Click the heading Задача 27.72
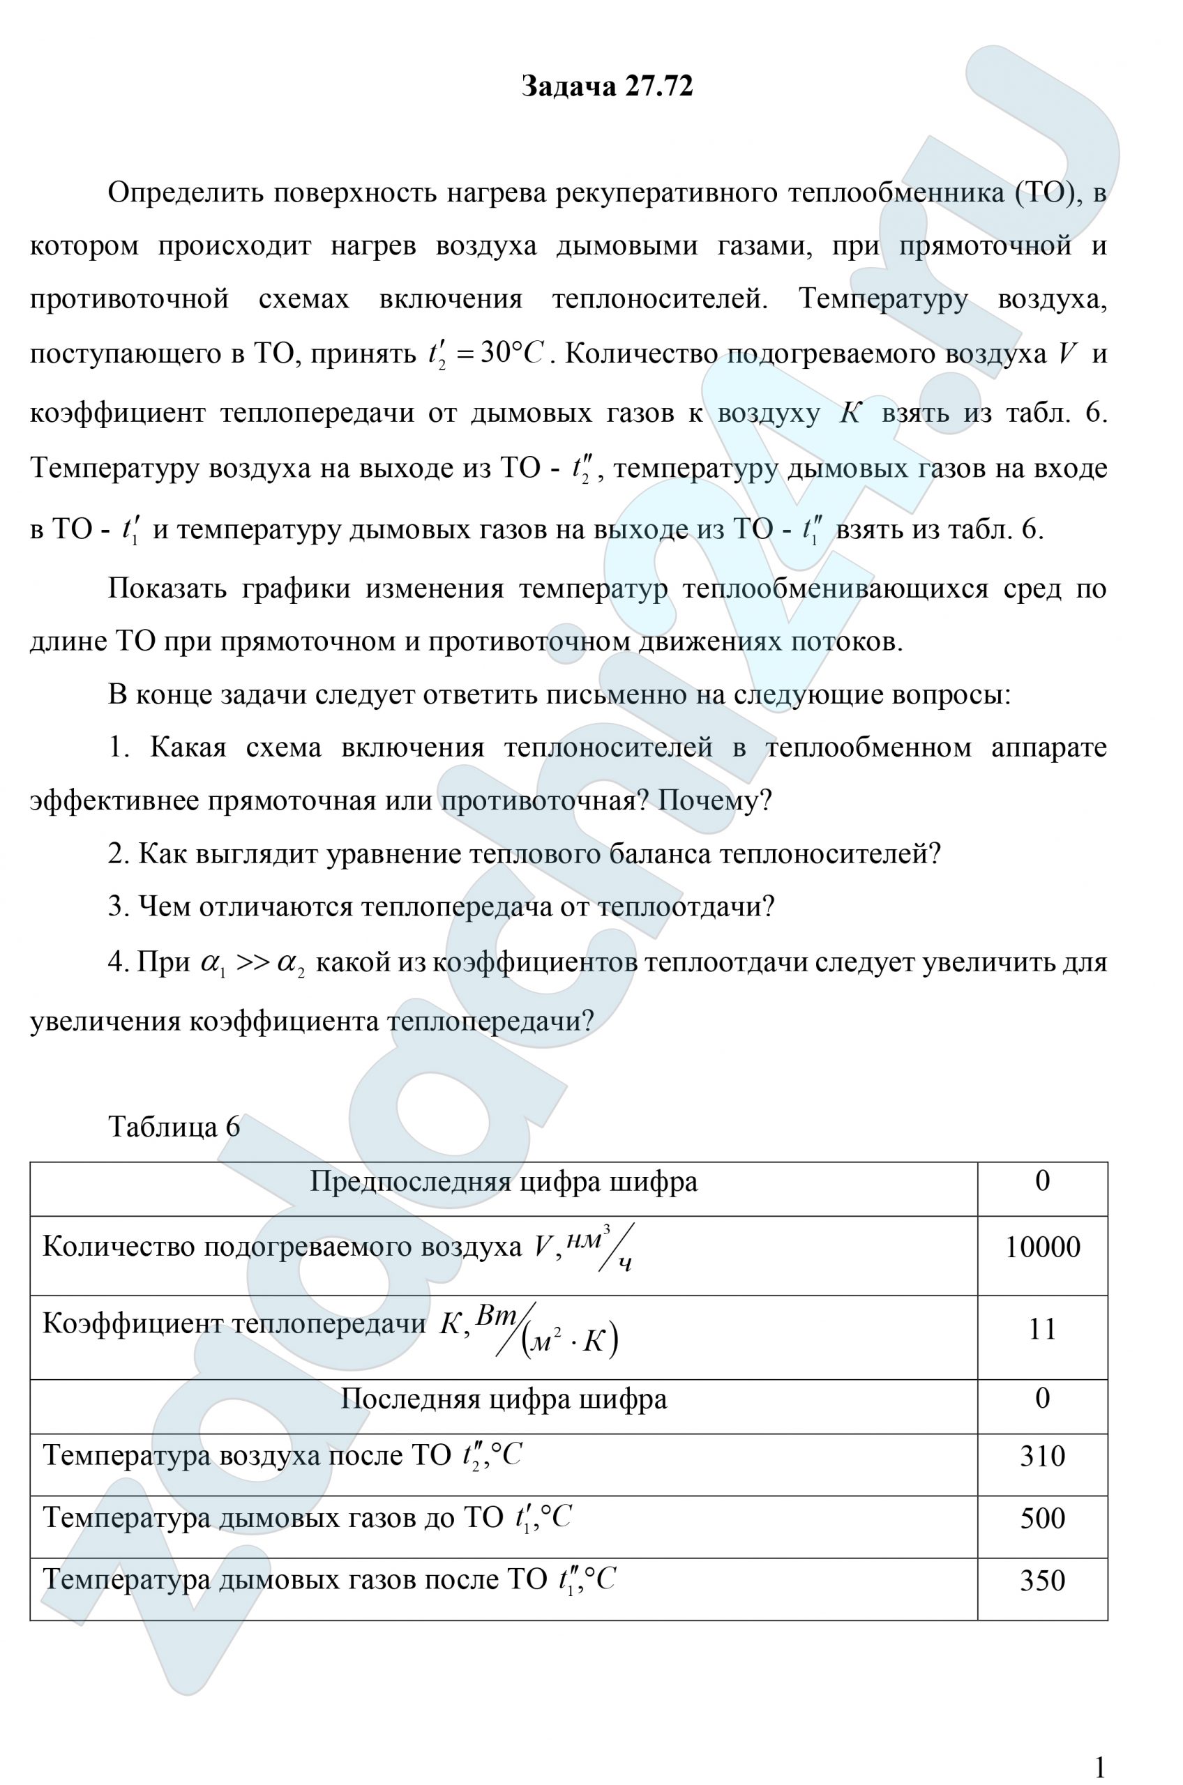tap(607, 86)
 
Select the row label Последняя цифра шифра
tap(504, 1399)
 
